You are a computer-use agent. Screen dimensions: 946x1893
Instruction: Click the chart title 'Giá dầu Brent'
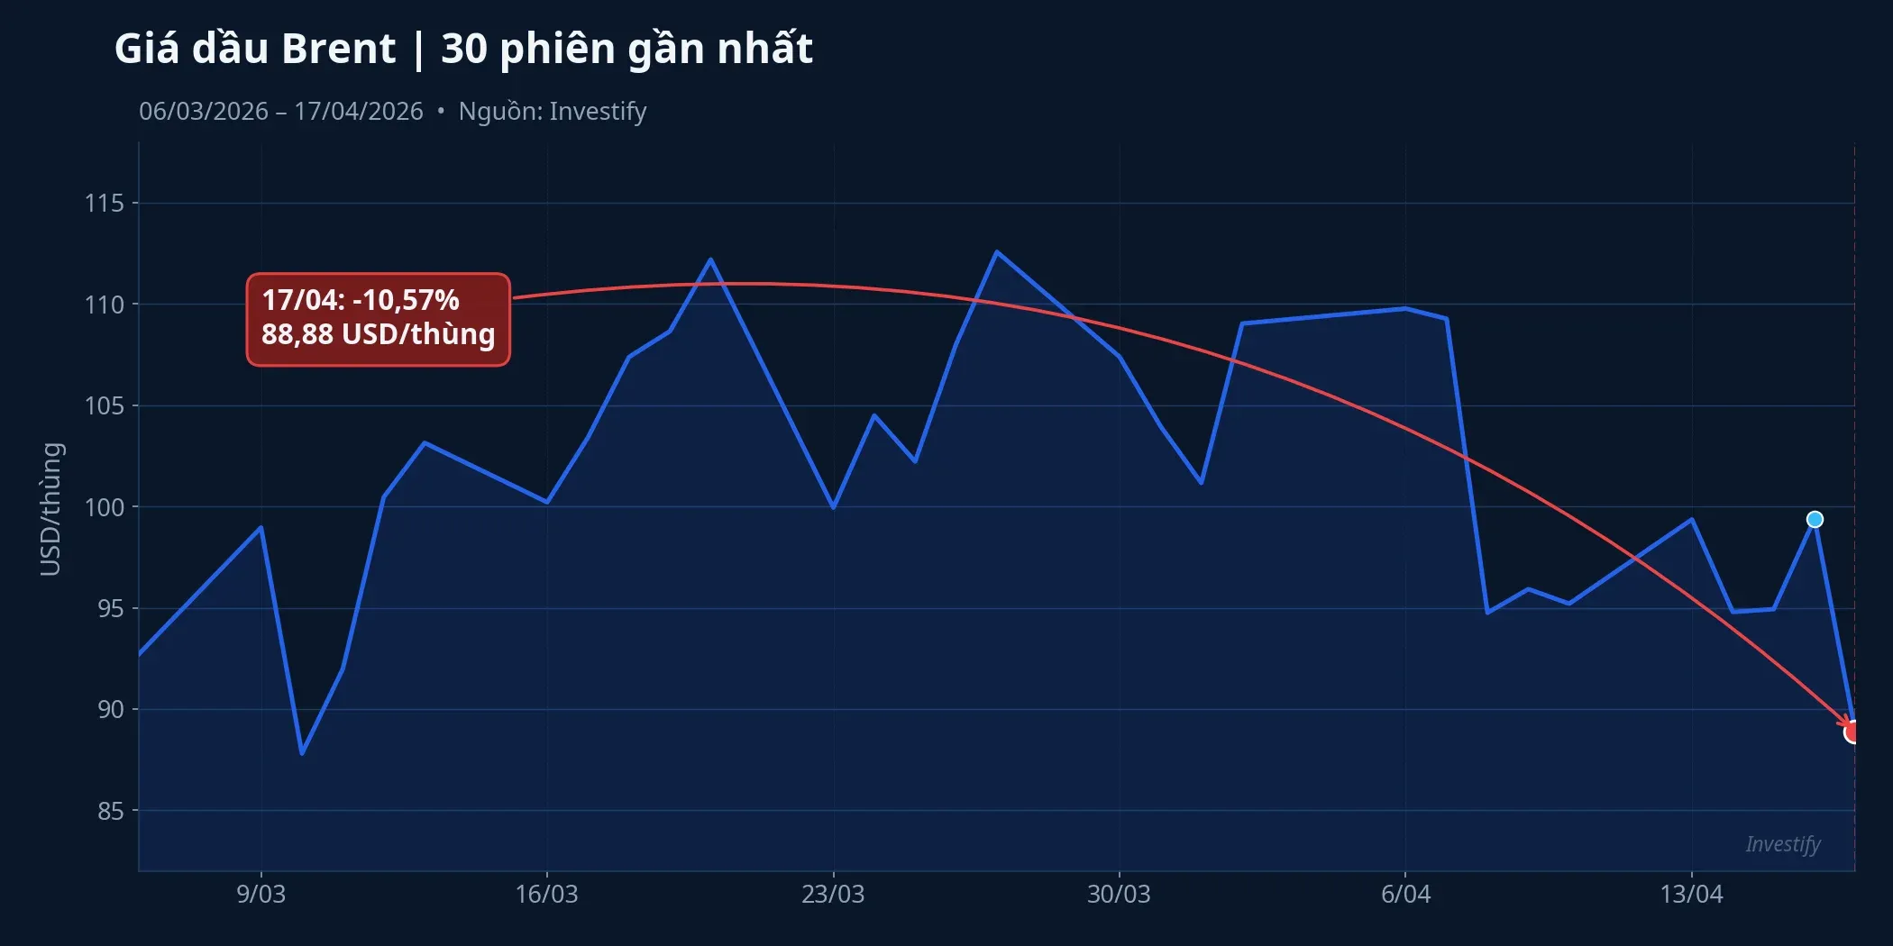(x=255, y=49)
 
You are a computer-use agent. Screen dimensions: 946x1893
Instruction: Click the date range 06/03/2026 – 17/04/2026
(x=280, y=112)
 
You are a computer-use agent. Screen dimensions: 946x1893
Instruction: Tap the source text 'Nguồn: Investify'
(x=552, y=112)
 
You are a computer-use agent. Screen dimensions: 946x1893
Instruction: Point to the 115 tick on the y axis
(x=105, y=204)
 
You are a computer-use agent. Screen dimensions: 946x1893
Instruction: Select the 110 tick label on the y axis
(x=105, y=305)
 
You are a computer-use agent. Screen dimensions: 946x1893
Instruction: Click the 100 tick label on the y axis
(x=105, y=507)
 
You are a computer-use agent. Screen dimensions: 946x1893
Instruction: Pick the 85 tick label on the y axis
(x=110, y=812)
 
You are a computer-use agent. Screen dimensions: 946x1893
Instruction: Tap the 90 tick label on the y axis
(x=110, y=710)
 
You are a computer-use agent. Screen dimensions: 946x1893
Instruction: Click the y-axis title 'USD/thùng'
(x=51, y=509)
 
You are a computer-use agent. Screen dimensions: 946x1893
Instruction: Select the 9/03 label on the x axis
(x=261, y=895)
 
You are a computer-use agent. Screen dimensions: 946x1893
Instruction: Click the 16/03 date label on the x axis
(x=546, y=895)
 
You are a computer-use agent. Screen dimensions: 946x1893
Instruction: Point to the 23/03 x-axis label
(x=833, y=895)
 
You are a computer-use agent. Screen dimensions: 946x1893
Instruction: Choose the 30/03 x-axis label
(x=1119, y=895)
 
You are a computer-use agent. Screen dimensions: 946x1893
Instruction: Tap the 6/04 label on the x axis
(x=1405, y=895)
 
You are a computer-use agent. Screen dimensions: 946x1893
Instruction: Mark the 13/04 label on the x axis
(x=1691, y=895)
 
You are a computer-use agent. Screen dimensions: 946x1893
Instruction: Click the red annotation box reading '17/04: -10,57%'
(x=379, y=319)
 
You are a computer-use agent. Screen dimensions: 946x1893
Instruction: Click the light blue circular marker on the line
(x=1815, y=520)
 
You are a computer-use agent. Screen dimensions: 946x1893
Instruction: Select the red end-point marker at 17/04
(x=1852, y=732)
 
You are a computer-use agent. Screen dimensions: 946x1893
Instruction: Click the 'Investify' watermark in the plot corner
(x=1782, y=844)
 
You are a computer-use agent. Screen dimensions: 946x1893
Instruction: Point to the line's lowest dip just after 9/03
(x=302, y=753)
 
